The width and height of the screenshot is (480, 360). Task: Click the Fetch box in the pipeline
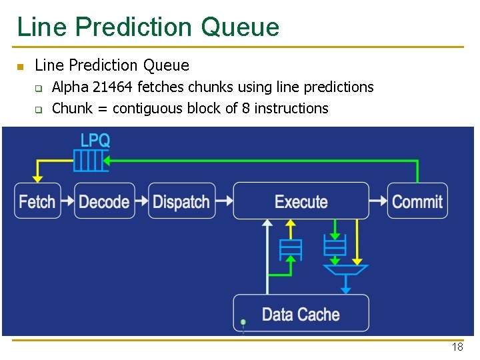[37, 201]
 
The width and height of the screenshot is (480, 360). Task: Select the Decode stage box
[104, 201]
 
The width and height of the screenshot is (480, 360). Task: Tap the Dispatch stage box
[181, 201]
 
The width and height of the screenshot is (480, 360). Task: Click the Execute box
[301, 201]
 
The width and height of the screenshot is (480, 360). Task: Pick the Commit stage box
[417, 201]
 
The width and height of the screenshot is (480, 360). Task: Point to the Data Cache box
[301, 314]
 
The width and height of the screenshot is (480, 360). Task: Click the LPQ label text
[95, 141]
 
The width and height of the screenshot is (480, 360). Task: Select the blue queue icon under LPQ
[90, 161]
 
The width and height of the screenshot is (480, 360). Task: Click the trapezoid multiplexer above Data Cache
[345, 270]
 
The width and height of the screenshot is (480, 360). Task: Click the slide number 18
[457, 347]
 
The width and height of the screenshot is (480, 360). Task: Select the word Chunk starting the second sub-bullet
[71, 109]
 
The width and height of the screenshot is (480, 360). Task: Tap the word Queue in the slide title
[239, 27]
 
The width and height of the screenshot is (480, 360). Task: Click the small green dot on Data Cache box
[243, 323]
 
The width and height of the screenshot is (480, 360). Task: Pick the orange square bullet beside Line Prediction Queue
[20, 67]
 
